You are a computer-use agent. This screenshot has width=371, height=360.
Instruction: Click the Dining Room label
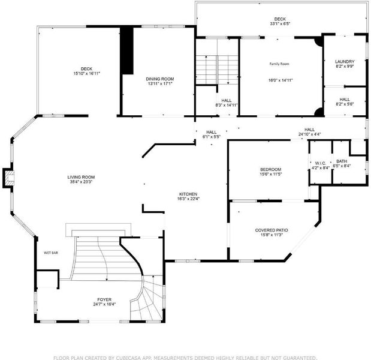[160, 79]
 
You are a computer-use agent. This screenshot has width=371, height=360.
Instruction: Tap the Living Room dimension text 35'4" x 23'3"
[81, 182]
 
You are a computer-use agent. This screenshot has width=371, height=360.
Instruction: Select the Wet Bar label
[51, 253]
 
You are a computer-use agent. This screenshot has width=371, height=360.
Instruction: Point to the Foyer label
[104, 299]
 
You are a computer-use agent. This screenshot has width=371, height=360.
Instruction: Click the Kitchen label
[188, 194]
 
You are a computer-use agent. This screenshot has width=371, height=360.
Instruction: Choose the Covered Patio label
[272, 230]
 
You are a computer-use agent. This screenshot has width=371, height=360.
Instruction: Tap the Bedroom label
[271, 170]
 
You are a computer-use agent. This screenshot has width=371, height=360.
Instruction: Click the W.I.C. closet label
[321, 163]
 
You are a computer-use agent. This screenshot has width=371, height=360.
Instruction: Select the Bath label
[342, 161]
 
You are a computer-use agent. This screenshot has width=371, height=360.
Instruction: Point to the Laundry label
[345, 62]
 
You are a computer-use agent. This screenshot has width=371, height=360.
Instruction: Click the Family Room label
[279, 64]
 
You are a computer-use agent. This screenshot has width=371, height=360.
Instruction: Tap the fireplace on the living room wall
[8, 178]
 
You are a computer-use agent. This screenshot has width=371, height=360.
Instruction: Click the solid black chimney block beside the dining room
[127, 50]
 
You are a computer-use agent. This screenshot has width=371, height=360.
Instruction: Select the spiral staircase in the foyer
[146, 298]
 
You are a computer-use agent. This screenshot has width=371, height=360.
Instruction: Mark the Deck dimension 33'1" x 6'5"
[280, 23]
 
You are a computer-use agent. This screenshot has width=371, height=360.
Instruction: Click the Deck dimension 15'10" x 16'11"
[86, 74]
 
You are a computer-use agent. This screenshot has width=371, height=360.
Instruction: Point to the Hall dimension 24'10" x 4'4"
[309, 134]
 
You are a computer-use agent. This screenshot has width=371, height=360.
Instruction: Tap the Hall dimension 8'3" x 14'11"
[227, 105]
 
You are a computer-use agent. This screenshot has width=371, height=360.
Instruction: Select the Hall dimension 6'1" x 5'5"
[212, 137]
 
